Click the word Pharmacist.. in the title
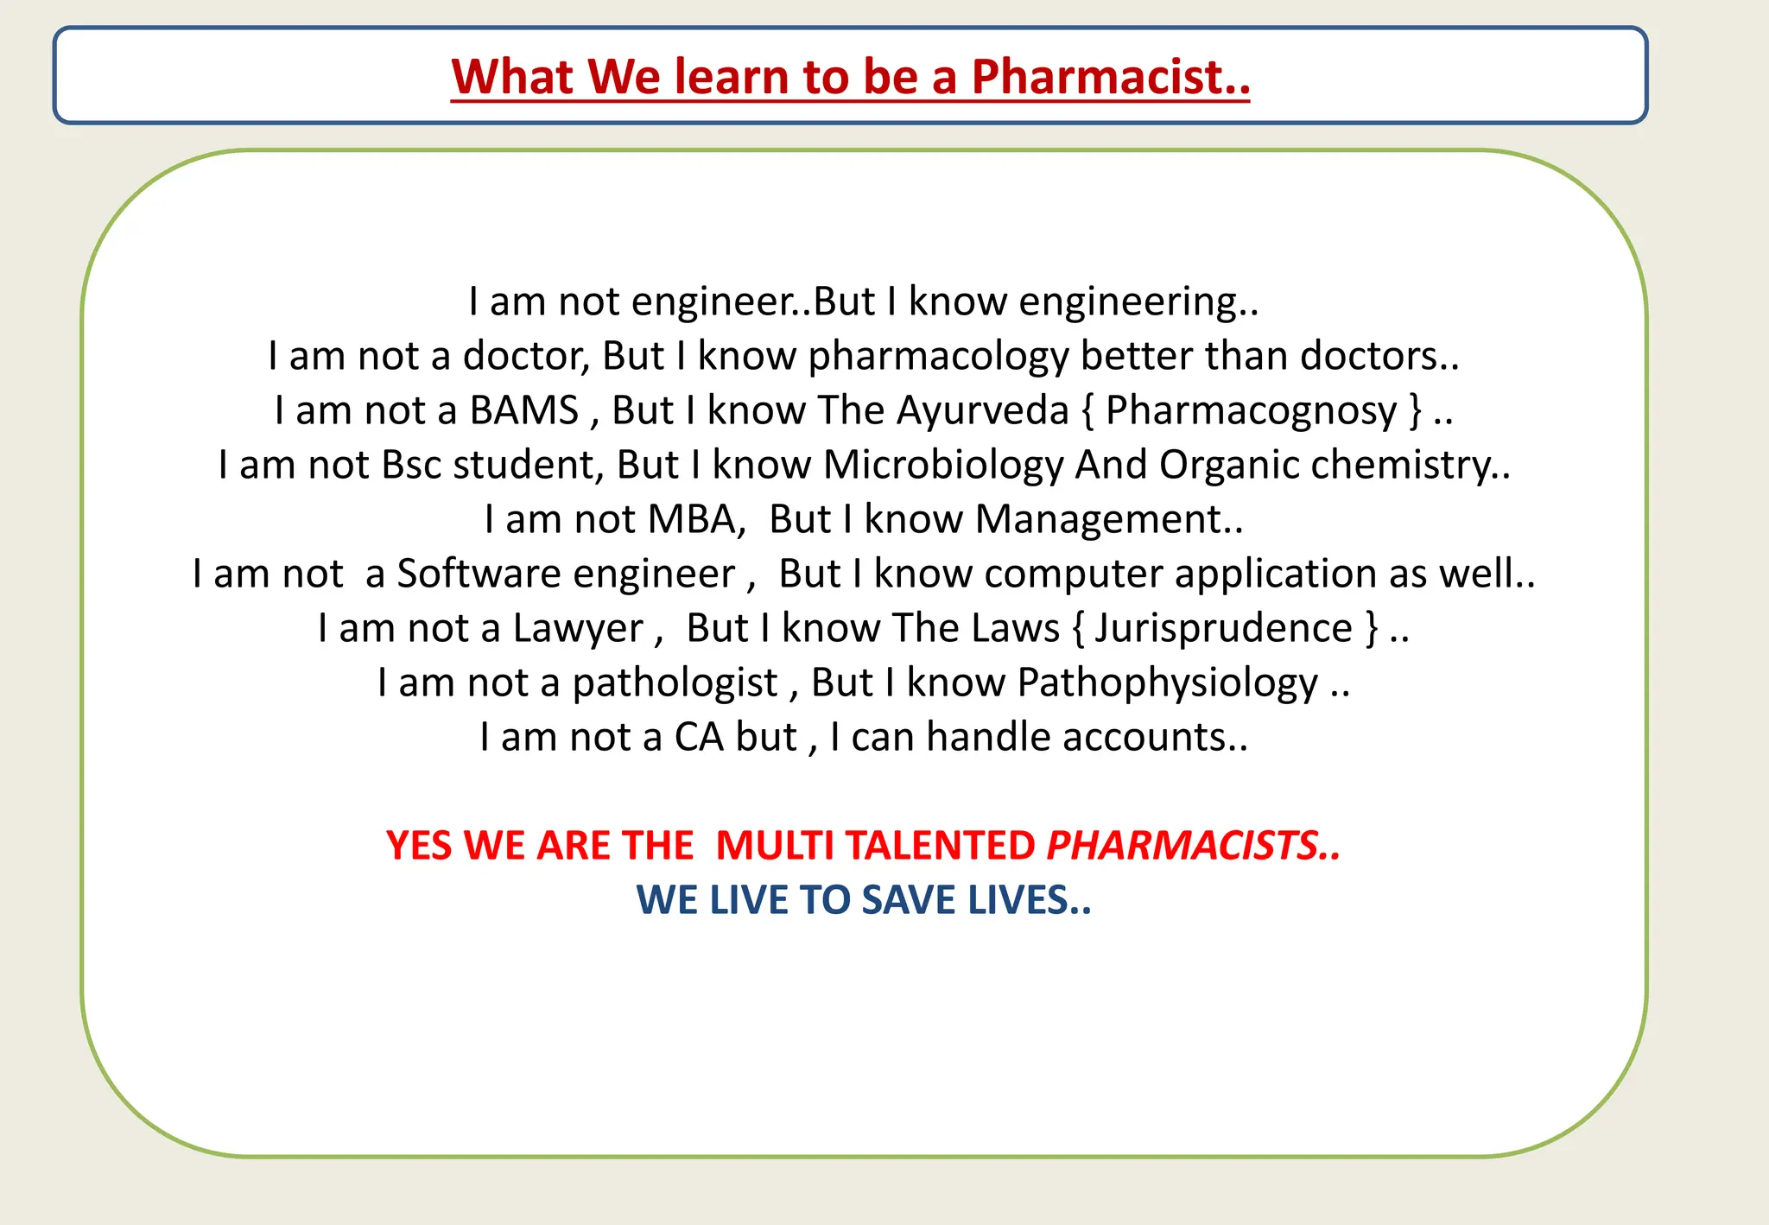(x=1110, y=77)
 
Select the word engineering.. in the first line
(x=1138, y=302)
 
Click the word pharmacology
(x=938, y=357)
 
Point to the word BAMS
(x=523, y=410)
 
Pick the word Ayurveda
(x=983, y=410)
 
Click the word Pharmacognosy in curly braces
(x=1251, y=411)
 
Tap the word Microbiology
(x=942, y=466)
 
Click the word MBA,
(x=696, y=520)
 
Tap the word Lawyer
(x=578, y=629)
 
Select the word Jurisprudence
(x=1223, y=629)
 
